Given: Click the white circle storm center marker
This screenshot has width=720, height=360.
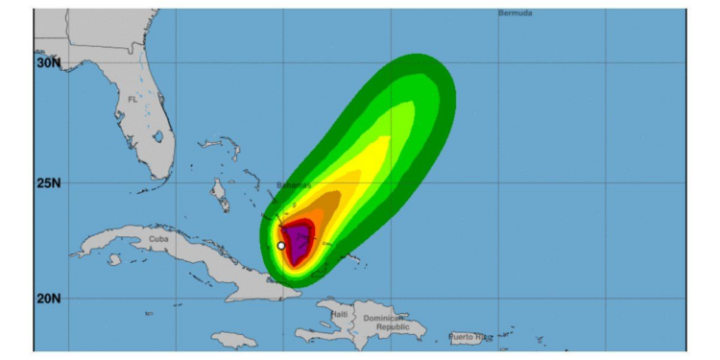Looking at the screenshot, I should click(x=280, y=246).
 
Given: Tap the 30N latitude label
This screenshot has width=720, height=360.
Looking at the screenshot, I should click(x=48, y=62).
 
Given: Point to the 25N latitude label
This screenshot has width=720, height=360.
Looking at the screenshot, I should click(x=48, y=182).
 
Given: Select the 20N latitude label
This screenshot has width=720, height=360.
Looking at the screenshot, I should click(x=48, y=298).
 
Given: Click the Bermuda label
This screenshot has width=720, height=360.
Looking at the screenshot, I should click(x=516, y=13).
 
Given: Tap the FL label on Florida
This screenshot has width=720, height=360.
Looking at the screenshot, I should click(x=132, y=99).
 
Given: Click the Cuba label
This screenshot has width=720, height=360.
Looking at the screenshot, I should click(x=158, y=238).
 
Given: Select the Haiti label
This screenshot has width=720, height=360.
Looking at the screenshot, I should click(x=339, y=314).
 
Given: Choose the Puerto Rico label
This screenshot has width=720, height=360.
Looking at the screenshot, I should click(x=471, y=337).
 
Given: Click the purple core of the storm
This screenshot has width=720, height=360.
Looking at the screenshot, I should click(x=300, y=240).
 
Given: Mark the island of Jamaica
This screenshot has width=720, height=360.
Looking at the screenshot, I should click(x=233, y=340).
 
